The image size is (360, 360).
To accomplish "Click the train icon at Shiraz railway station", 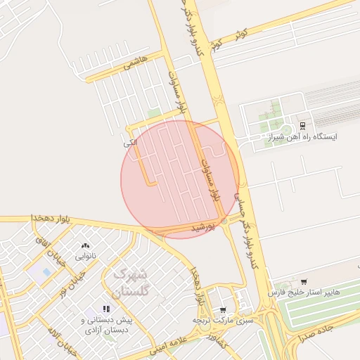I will (x=302, y=125).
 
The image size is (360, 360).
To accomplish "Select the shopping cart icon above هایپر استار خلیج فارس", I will (x=303, y=281).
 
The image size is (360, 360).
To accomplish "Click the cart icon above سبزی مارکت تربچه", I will (x=223, y=309).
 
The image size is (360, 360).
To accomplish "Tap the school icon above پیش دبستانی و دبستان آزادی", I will (x=106, y=308).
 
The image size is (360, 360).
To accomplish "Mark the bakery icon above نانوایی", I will (x=86, y=245).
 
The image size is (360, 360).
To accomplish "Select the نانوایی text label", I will (x=86, y=256).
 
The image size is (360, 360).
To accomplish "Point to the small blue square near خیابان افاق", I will (x=46, y=271).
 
